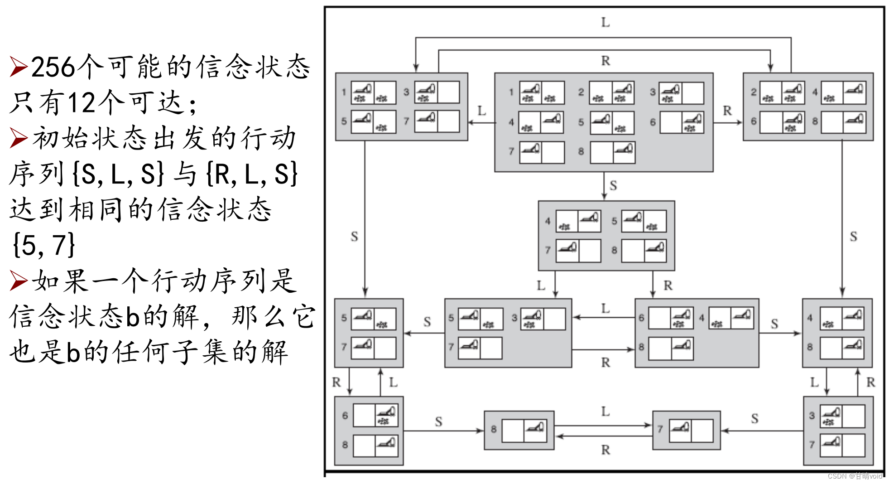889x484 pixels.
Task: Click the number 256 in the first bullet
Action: pos(53,67)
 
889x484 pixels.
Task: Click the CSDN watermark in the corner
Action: pos(855,476)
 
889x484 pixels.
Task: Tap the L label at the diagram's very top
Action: pos(605,22)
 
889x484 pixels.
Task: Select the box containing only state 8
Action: pos(519,430)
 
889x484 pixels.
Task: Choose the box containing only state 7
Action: pos(686,430)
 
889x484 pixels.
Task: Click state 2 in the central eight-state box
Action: pos(611,92)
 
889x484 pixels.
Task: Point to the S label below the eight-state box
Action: pos(613,185)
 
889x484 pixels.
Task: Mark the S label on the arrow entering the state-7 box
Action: pos(754,418)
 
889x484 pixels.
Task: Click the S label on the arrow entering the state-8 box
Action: pos(438,421)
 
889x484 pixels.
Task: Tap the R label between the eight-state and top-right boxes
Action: pos(727,111)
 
